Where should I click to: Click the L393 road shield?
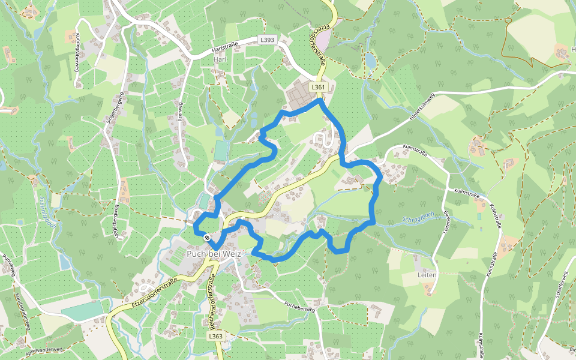pos(267,39)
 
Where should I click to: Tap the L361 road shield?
pos(318,88)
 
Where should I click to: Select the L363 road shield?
pos(217,337)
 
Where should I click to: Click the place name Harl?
pos(220,59)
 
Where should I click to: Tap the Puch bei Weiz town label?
pos(214,254)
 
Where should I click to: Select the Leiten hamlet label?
pos(427,274)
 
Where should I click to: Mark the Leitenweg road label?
pos(447,221)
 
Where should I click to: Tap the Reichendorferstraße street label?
pos(211,301)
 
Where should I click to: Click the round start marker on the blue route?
pos(207,238)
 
